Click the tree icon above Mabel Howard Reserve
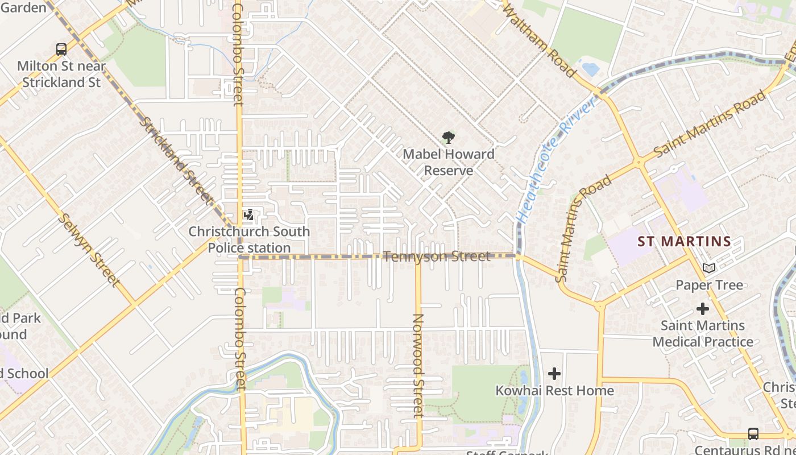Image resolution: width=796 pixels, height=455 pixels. (448, 137)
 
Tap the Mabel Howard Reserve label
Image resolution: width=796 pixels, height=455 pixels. (449, 162)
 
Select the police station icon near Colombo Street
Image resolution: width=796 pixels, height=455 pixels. (248, 216)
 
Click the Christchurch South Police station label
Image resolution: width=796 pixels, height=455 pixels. (249, 239)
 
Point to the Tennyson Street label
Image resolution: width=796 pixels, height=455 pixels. (436, 257)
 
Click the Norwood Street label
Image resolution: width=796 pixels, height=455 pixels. (418, 366)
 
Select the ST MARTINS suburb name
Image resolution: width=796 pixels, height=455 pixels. (684, 241)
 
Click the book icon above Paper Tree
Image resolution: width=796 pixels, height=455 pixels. (708, 268)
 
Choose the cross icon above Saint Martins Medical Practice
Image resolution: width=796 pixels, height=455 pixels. (703, 309)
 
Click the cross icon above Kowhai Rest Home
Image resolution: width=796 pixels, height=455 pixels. (554, 374)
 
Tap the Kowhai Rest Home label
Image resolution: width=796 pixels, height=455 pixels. (554, 391)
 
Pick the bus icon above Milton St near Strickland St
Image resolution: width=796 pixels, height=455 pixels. (61, 49)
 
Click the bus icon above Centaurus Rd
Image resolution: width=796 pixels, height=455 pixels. (753, 434)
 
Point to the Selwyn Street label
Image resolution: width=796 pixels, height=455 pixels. (89, 250)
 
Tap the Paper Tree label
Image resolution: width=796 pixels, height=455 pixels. (709, 285)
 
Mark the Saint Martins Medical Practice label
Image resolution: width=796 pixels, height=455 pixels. (703, 334)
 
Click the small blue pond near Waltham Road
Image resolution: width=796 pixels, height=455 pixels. (590, 69)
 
